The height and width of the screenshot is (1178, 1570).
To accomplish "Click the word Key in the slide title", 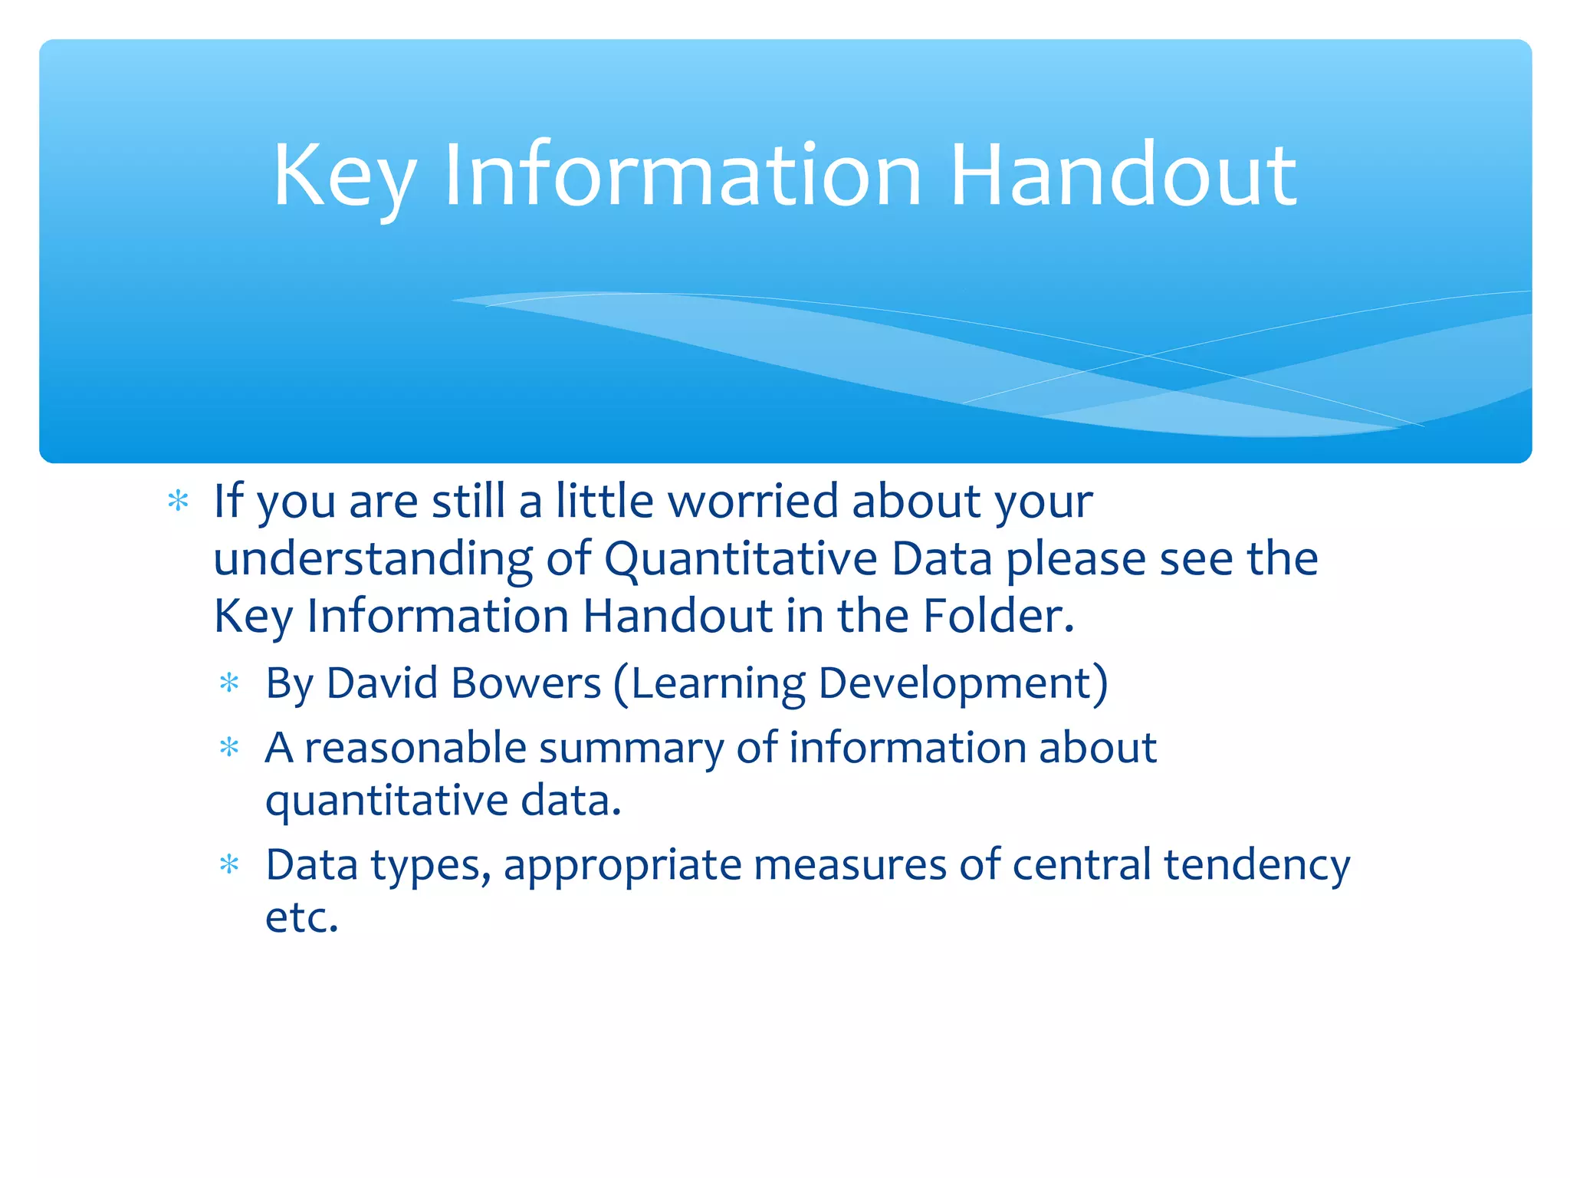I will tap(344, 176).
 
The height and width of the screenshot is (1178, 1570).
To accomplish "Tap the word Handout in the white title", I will tap(1123, 176).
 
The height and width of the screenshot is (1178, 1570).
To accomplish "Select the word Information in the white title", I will tap(682, 176).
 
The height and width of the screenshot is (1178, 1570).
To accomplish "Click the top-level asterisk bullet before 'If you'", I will tap(178, 502).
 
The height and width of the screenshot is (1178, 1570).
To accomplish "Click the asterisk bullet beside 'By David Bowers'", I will tap(229, 683).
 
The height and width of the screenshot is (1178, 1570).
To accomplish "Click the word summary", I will tap(630, 748).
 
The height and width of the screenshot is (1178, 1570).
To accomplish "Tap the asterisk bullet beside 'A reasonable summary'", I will tap(229, 748).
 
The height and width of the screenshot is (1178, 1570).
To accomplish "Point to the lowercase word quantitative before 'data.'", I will tap(386, 801).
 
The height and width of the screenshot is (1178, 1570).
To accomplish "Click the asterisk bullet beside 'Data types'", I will tap(229, 866).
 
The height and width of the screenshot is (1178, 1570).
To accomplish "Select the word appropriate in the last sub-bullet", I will tap(622, 866).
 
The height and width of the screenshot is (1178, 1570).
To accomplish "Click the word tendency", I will tap(1256, 866).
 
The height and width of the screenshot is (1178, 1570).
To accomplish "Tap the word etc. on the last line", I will tap(301, 917).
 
